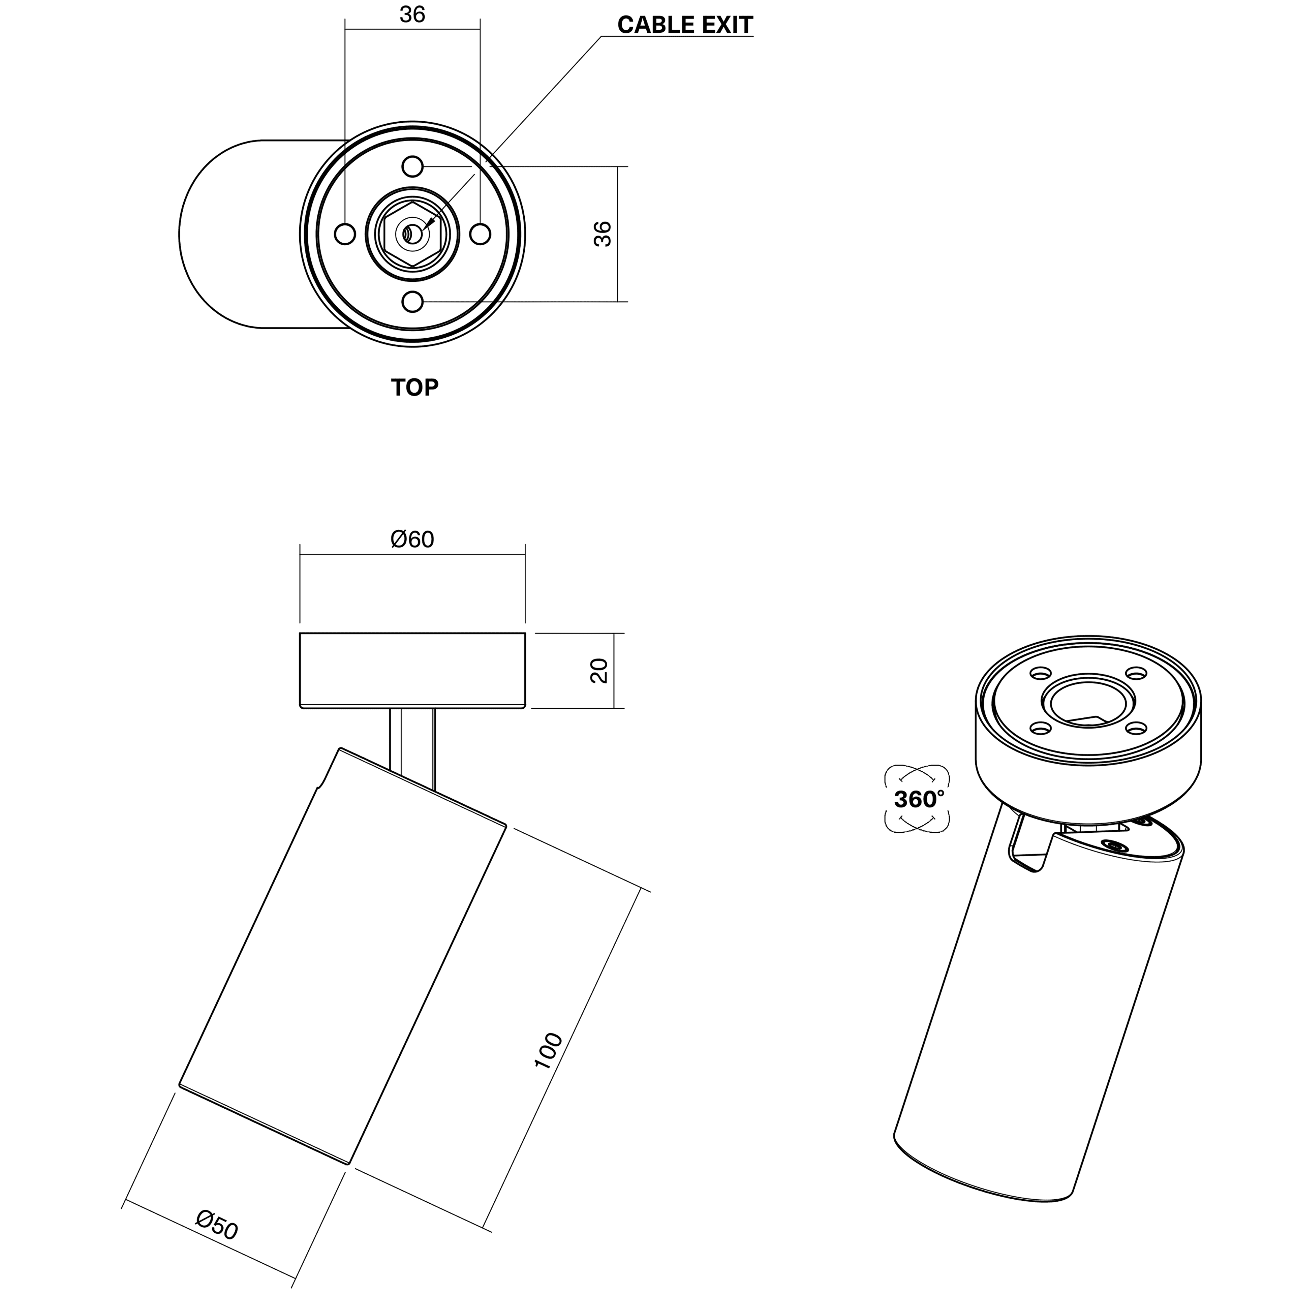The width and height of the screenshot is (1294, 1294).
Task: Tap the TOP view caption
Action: pos(414,387)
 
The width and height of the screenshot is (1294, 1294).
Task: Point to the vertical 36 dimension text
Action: pos(603,234)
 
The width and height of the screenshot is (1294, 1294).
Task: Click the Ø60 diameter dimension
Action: pos(412,539)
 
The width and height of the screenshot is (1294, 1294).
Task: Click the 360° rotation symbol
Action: pos(918,799)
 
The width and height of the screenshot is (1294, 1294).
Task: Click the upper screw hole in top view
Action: pos(412,166)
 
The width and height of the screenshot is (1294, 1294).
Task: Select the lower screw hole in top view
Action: pos(412,302)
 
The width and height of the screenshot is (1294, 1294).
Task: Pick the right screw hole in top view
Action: pos(480,235)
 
